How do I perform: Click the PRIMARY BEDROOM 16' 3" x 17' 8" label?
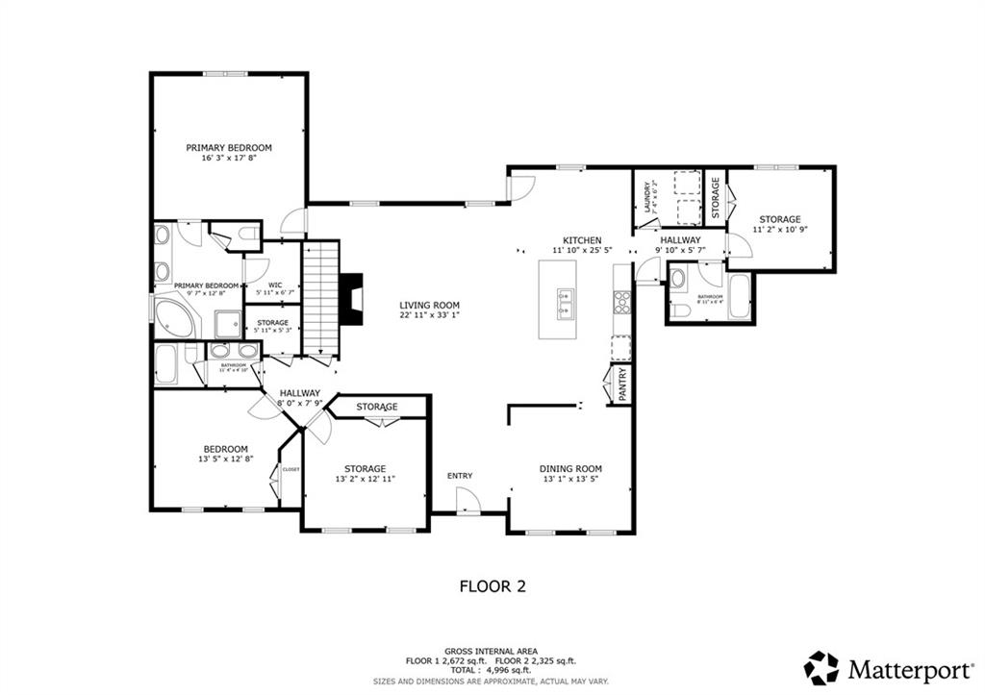click(229, 153)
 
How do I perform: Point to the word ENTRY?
click(460, 476)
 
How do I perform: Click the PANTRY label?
click(621, 384)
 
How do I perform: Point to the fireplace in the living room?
click(354, 301)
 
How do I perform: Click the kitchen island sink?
click(564, 303)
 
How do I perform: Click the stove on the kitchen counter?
click(621, 303)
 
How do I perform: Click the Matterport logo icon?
click(822, 667)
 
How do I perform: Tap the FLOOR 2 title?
click(492, 584)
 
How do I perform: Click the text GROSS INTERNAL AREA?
click(492, 651)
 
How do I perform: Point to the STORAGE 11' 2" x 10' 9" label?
click(779, 225)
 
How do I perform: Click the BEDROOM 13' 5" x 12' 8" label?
click(225, 454)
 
